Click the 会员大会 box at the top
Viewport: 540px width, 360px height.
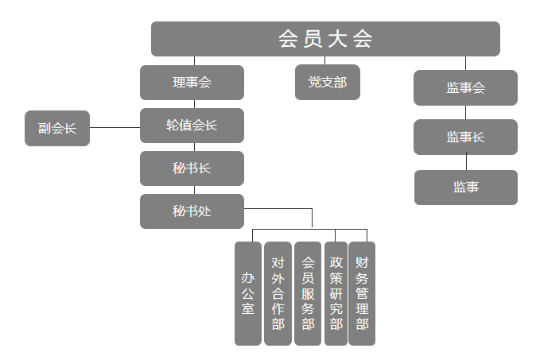(x=325, y=39)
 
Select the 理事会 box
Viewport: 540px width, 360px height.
(x=192, y=83)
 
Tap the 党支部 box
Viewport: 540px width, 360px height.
(x=327, y=83)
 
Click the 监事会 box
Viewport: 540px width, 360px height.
(x=465, y=87)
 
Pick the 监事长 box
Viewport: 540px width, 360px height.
(x=465, y=137)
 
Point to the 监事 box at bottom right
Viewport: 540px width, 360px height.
(x=465, y=188)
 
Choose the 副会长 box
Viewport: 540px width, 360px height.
(x=57, y=128)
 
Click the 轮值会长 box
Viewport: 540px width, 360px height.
(x=192, y=126)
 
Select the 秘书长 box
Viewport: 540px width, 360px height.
(x=192, y=168)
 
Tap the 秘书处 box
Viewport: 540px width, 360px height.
(x=192, y=211)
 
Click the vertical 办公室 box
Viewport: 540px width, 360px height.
(x=248, y=293)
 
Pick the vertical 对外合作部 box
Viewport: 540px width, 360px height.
(x=278, y=293)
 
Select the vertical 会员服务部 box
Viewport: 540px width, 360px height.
(x=308, y=293)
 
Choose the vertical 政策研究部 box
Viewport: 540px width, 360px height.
(x=336, y=293)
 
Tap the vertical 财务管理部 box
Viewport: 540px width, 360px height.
(x=362, y=293)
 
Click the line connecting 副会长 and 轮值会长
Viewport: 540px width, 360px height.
(x=115, y=127)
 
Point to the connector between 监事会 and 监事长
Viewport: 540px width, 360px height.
(x=466, y=112)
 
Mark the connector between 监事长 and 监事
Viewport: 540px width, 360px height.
(x=466, y=162)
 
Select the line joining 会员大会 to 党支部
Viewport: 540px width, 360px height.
(x=325, y=60)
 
